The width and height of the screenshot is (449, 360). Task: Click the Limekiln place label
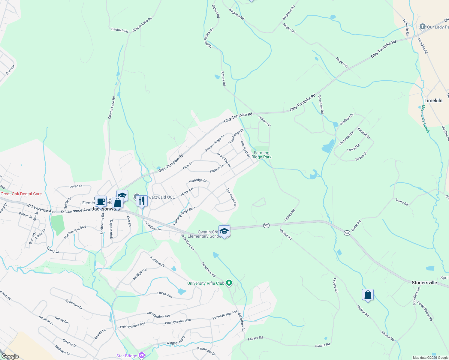tap(433, 100)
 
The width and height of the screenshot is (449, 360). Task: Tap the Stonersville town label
tap(424, 283)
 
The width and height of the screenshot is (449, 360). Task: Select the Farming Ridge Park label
tap(261, 155)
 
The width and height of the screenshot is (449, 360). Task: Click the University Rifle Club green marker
tap(229, 283)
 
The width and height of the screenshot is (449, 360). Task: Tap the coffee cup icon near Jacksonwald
tap(101, 201)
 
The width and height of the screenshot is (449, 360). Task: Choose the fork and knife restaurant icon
tap(142, 201)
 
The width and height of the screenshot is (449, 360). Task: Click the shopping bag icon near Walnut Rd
tap(368, 295)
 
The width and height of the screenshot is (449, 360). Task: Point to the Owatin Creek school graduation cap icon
tap(224, 231)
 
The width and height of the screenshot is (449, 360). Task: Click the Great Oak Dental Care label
tap(21, 194)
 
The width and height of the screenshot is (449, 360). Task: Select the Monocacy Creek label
tap(425, 118)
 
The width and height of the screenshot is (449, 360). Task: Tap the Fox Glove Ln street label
tap(231, 197)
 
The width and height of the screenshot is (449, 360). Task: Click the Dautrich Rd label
tap(119, 30)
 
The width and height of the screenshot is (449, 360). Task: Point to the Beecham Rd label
tap(321, 104)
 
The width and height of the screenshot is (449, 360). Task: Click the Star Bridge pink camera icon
tap(142, 356)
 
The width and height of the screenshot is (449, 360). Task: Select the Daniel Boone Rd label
tap(425, 311)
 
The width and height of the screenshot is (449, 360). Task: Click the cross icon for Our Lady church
tap(422, 27)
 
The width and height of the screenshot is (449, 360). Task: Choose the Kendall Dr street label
tap(363, 133)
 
